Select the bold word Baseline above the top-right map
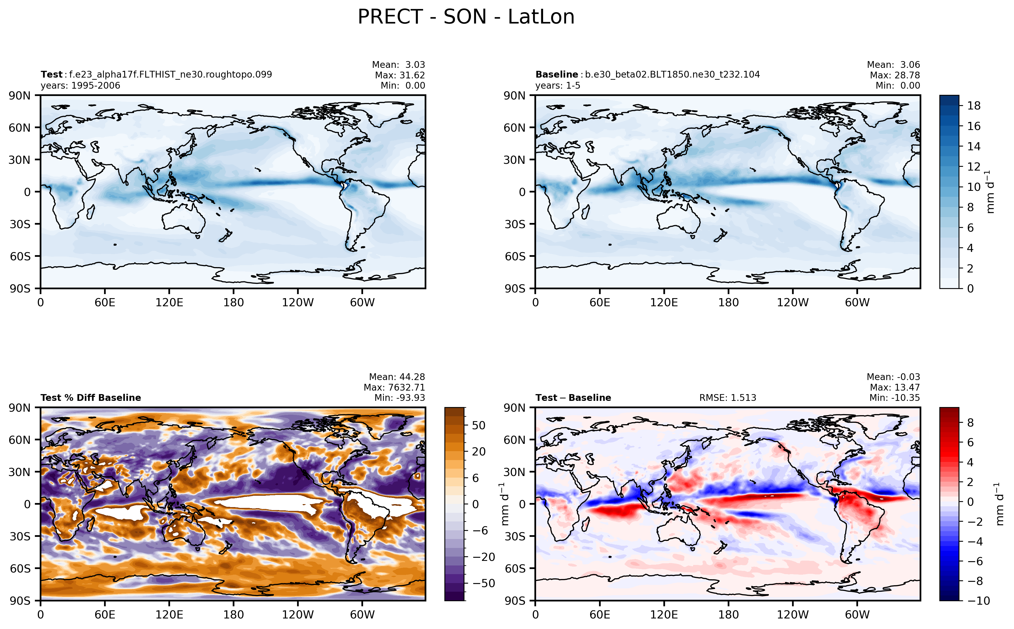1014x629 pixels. pyautogui.click(x=557, y=74)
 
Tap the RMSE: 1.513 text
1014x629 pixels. pyautogui.click(x=727, y=398)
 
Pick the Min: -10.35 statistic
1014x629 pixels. pyautogui.click(x=894, y=398)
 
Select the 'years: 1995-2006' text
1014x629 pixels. pyautogui.click(x=80, y=86)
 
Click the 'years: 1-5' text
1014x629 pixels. pyautogui.click(x=557, y=86)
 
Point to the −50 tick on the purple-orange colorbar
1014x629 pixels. pyautogui.click(x=483, y=583)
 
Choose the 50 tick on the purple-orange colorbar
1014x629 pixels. pyautogui.click(x=479, y=425)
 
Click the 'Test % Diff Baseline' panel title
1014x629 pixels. pyautogui.click(x=91, y=398)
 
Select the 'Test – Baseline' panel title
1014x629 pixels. pyautogui.click(x=573, y=398)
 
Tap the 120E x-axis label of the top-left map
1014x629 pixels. pyautogui.click(x=169, y=302)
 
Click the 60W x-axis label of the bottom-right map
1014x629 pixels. pyautogui.click(x=857, y=614)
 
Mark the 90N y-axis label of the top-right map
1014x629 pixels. pyautogui.click(x=514, y=96)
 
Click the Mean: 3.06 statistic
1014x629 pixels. pyautogui.click(x=893, y=65)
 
